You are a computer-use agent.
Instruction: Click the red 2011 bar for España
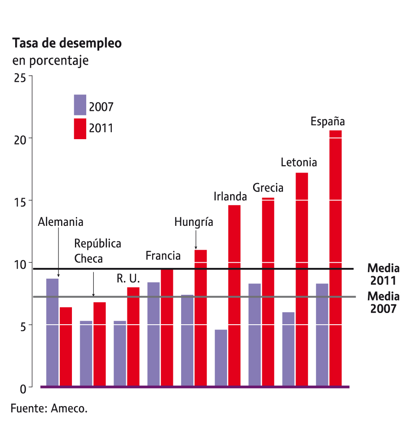click(335, 258)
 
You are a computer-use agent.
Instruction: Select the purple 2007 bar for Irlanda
click(221, 358)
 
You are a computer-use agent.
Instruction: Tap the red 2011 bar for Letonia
click(302, 279)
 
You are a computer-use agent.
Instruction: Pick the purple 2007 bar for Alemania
click(52, 332)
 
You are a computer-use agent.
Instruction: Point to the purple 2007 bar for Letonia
click(288, 349)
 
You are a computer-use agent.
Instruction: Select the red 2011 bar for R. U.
click(133, 336)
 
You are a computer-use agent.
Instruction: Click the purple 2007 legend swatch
click(80, 105)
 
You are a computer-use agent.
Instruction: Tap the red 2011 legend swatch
click(80, 129)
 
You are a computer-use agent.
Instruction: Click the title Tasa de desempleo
click(67, 44)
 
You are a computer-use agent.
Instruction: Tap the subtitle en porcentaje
click(51, 60)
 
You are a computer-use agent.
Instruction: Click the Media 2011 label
click(383, 274)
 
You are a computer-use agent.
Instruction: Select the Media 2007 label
click(383, 302)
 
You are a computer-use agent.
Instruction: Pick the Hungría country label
click(194, 222)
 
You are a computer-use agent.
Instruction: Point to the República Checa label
click(97, 251)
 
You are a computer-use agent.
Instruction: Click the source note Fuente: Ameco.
click(49, 408)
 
